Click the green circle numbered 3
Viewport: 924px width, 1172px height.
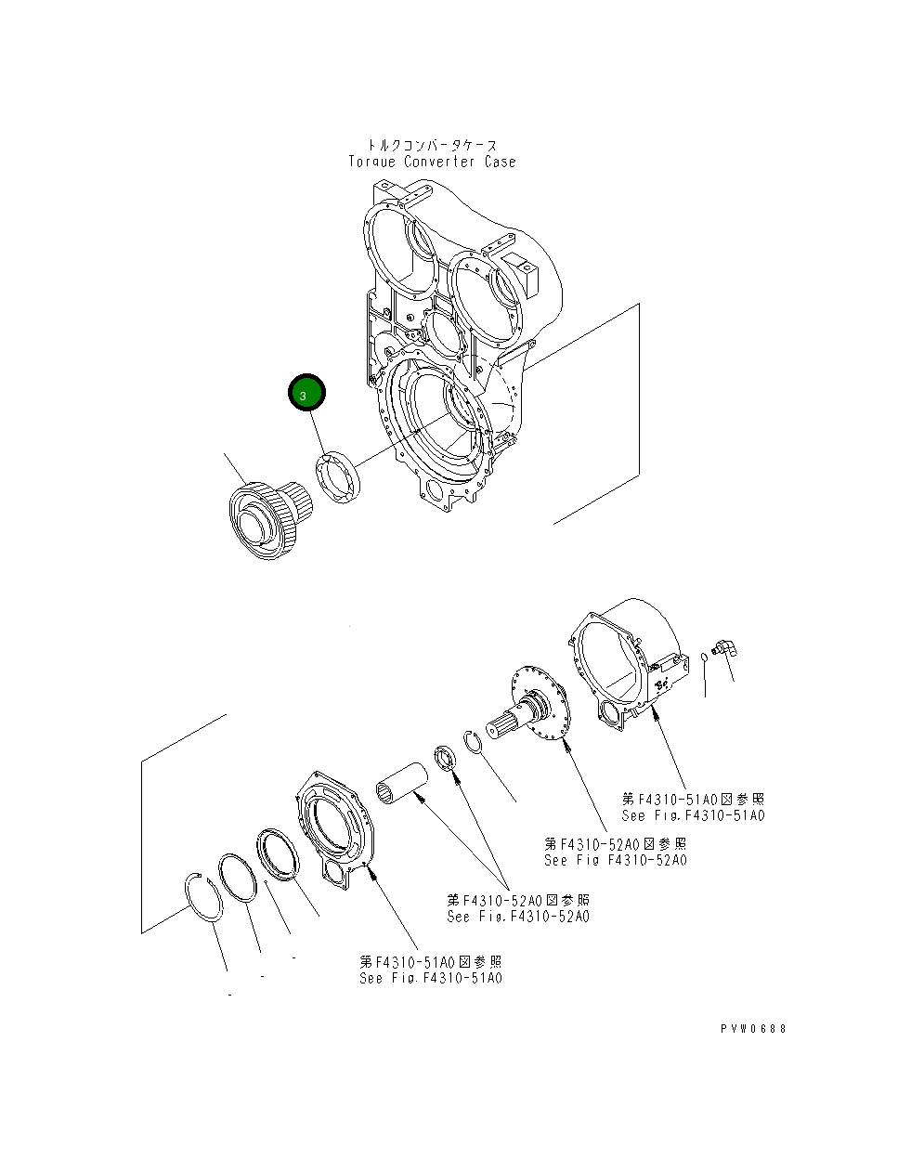(x=306, y=394)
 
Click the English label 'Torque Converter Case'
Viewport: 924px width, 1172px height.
(x=432, y=162)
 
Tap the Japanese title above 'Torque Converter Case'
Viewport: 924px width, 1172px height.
(x=432, y=145)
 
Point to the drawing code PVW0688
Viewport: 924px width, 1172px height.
(x=752, y=1029)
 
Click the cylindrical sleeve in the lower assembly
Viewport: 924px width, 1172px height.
(x=400, y=782)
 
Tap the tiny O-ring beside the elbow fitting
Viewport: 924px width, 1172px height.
(x=705, y=658)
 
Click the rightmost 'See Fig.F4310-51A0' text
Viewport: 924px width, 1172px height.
(x=693, y=815)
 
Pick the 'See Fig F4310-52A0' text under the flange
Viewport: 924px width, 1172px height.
(x=615, y=860)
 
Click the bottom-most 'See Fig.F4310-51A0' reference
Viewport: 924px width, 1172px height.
(x=431, y=978)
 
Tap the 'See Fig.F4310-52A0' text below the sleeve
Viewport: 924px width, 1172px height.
(x=517, y=917)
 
